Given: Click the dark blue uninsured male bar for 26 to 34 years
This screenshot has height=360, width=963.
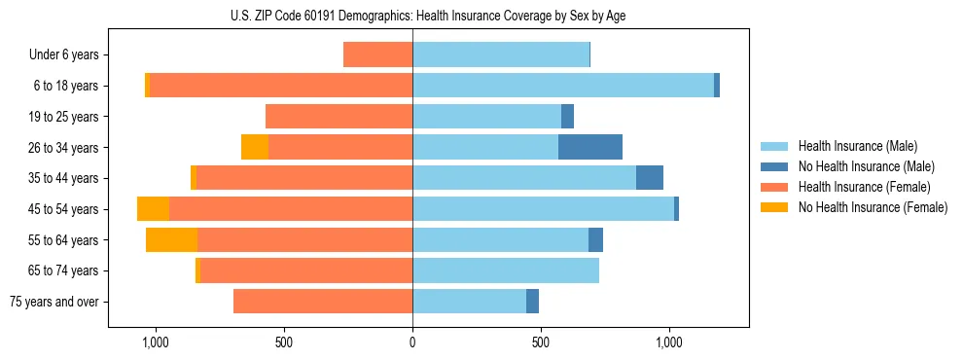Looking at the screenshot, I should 590,147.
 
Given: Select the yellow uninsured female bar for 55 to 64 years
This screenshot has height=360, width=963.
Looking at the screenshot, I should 171,239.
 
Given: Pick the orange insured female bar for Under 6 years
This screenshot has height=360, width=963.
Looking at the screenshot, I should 378,55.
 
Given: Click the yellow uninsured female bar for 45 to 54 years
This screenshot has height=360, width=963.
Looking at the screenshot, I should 153,209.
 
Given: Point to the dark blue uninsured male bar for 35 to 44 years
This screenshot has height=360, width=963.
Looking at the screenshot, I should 650,178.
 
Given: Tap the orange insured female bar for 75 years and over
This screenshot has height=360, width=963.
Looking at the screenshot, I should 323,302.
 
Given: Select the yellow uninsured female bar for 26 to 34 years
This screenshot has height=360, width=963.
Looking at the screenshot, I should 255,147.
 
